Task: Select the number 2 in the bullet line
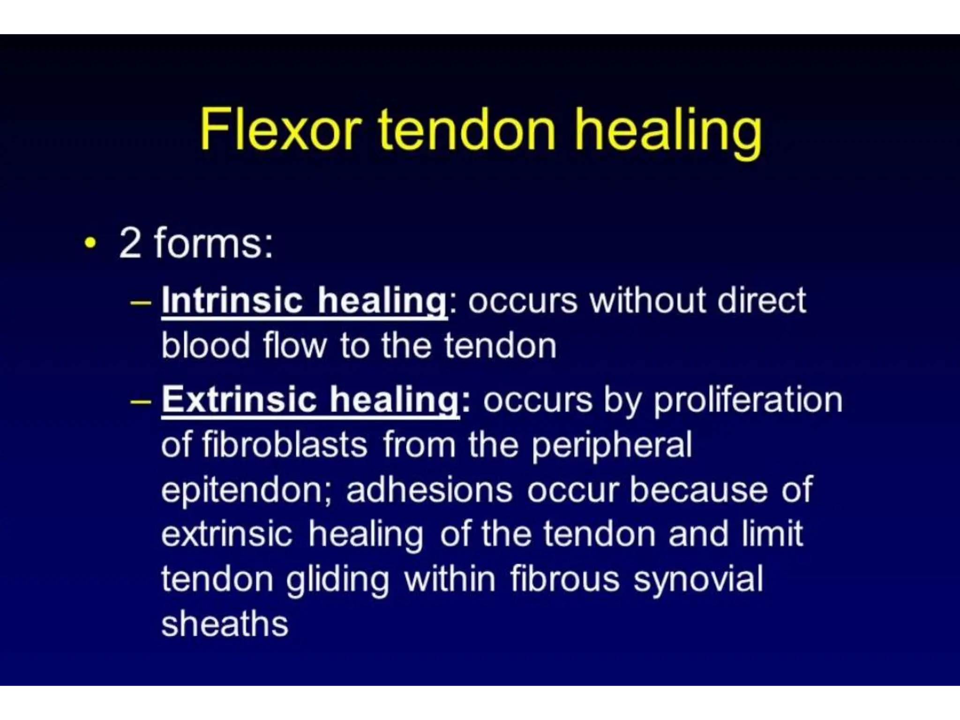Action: click(130, 243)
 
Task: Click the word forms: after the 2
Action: click(213, 243)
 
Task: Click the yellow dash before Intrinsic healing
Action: click(140, 302)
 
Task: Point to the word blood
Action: click(205, 345)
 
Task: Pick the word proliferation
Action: click(748, 400)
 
